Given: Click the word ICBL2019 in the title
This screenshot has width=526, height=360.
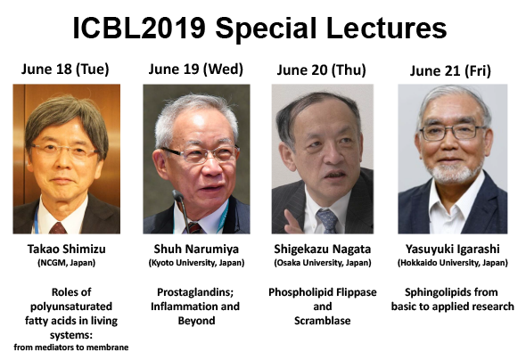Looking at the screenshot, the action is pos(139,29).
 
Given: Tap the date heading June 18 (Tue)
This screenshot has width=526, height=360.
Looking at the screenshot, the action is pos(65,70).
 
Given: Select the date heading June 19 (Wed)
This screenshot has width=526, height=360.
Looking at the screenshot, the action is pos(196,70).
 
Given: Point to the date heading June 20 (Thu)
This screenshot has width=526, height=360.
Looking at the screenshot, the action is pos(321,70).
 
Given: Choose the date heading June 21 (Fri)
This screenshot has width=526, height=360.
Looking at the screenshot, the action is pos(450,70).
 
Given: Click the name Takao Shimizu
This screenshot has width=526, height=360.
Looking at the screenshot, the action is pos(67,249).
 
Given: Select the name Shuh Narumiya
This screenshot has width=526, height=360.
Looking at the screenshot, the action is pos(196,249).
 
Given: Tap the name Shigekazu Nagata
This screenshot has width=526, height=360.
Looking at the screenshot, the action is pos(323,249).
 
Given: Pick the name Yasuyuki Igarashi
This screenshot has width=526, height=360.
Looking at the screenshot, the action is pos(453,249).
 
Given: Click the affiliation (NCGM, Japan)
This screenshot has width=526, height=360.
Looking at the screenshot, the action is pos(67,263).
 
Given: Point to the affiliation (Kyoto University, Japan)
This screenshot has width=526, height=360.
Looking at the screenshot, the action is pos(196,263).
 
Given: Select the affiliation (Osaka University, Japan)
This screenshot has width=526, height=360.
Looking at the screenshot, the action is pos(323,263).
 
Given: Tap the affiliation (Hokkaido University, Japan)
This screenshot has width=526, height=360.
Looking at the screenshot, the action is pos(453,263).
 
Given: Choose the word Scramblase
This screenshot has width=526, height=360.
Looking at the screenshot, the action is pos(323,321).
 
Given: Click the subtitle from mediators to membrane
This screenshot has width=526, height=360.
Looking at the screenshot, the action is pos(71,348).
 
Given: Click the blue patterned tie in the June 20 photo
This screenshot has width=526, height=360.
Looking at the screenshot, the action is pos(327,221).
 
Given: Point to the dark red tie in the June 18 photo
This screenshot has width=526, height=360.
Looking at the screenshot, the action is pos(58,228).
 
